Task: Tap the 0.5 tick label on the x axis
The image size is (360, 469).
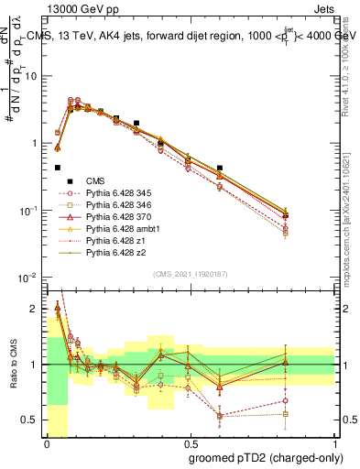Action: (x=191, y=444)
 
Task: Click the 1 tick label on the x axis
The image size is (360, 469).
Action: (x=335, y=444)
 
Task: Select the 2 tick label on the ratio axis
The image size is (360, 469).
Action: (x=36, y=309)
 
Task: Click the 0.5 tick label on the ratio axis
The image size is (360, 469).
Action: (x=31, y=420)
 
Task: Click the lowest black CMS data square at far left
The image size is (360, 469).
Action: (x=58, y=168)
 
